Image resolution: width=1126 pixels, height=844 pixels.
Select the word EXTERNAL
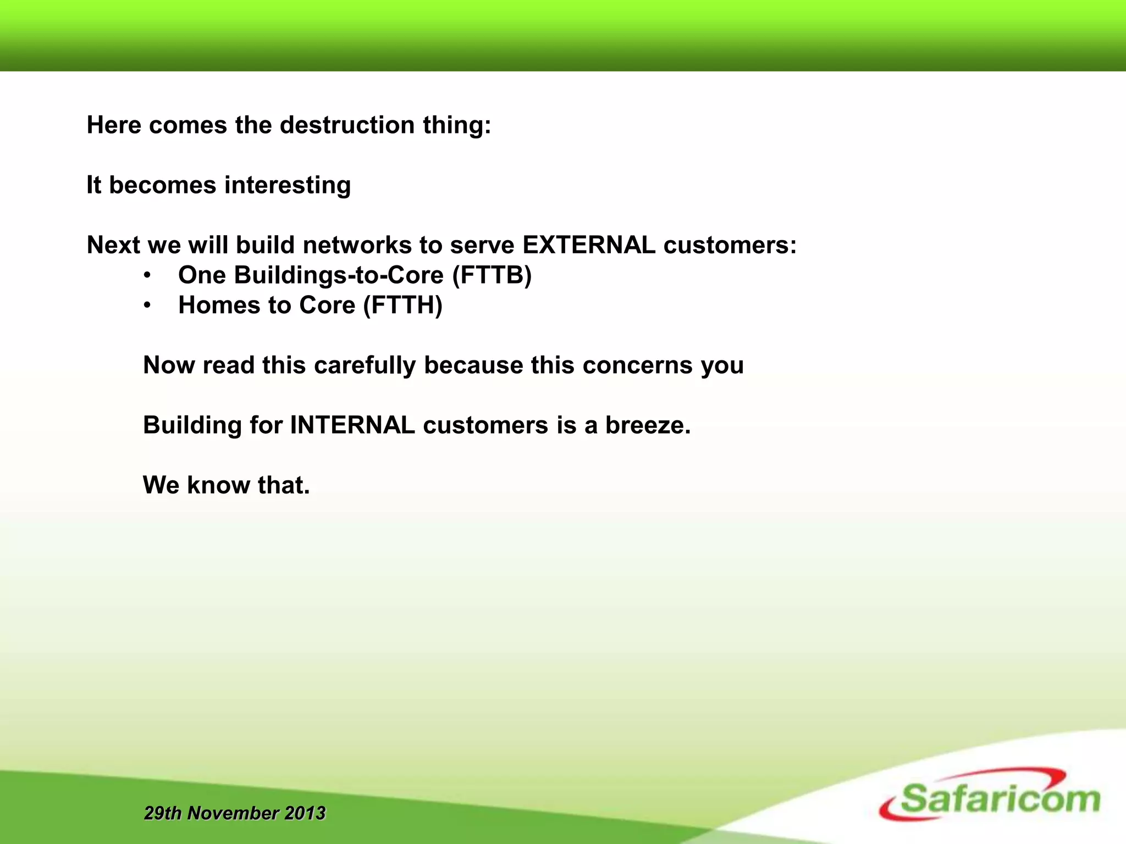[x=588, y=245]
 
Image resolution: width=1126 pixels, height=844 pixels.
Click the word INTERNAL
[x=352, y=425]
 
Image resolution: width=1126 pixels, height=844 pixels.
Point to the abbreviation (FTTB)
[x=492, y=275]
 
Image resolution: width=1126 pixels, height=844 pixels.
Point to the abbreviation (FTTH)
[x=402, y=306]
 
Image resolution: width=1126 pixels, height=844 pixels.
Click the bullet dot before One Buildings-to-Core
[x=147, y=275]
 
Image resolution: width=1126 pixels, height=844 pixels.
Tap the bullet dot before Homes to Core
[x=147, y=306]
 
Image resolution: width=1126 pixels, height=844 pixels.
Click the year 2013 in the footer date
[x=305, y=813]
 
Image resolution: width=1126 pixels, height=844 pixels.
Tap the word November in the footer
[x=233, y=813]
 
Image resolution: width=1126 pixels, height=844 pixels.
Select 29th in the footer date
[x=163, y=813]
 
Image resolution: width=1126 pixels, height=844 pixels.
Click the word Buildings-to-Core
[x=339, y=275]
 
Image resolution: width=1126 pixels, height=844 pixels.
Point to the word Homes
[x=219, y=306]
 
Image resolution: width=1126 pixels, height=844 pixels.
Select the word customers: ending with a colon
[x=730, y=245]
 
